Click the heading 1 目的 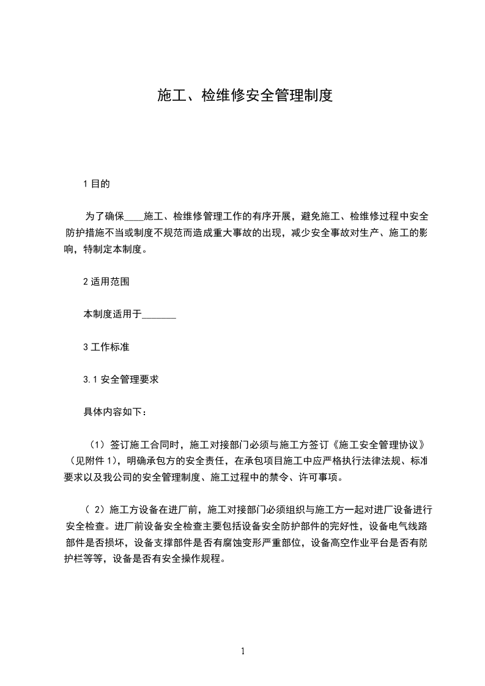[x=97, y=183]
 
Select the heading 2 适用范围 [x=106, y=282]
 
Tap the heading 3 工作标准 [x=106, y=347]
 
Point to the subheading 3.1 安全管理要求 [x=121, y=379]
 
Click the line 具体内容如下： [x=115, y=411]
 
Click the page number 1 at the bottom [x=243, y=651]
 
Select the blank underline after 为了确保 [x=133, y=216]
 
